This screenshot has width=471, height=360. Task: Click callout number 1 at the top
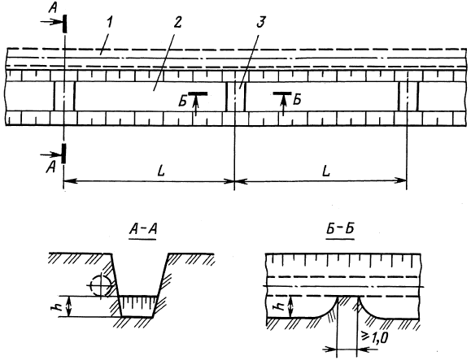[109, 24]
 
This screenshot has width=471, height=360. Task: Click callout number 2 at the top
[177, 23]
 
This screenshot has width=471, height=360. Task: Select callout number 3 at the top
[260, 23]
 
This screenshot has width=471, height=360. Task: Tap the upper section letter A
[52, 8]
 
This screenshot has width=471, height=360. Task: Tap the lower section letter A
[51, 167]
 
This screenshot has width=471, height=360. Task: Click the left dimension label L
[162, 171]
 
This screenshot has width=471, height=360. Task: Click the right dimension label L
[326, 171]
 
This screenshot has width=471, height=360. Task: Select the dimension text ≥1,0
[375, 337]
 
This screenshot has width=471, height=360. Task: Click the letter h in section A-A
[62, 306]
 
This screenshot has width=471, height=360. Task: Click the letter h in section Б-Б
[280, 306]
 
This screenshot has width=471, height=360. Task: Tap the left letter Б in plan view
[182, 102]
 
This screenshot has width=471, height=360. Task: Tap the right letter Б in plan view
[297, 100]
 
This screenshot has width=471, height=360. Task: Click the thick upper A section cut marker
[64, 24]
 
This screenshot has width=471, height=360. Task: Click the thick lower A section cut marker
[63, 154]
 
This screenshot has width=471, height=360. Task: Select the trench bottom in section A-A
[137, 316]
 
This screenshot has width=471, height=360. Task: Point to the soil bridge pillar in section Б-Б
[348, 306]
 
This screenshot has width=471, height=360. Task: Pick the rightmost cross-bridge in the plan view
[408, 96]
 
